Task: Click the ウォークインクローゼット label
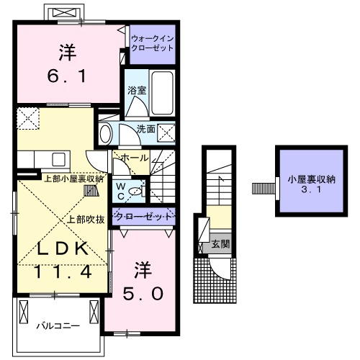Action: click(153, 43)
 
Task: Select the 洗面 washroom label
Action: click(146, 130)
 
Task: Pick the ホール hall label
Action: click(135, 158)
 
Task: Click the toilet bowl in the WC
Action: click(138, 192)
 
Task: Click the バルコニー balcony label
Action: click(59, 326)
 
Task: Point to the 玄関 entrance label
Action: click(220, 245)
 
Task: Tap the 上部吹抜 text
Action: click(87, 220)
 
